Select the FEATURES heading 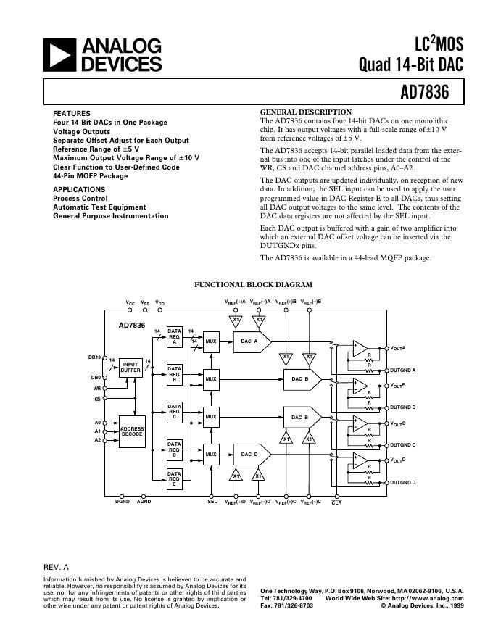pyautogui.click(x=72, y=114)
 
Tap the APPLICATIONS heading pyautogui.click(x=79, y=189)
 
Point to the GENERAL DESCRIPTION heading pyautogui.click(x=305, y=112)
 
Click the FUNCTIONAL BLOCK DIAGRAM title pyautogui.click(x=253, y=285)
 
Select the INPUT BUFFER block pyautogui.click(x=130, y=368)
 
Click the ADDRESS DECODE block pyautogui.click(x=132, y=431)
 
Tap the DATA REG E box pyautogui.click(x=174, y=479)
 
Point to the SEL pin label pyautogui.click(x=212, y=502)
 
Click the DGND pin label pyautogui.click(x=123, y=502)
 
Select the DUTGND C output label pyautogui.click(x=403, y=445)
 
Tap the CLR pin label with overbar pyautogui.click(x=336, y=502)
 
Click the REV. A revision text pyautogui.click(x=57, y=567)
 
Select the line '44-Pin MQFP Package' pyautogui.click(x=90, y=175)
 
